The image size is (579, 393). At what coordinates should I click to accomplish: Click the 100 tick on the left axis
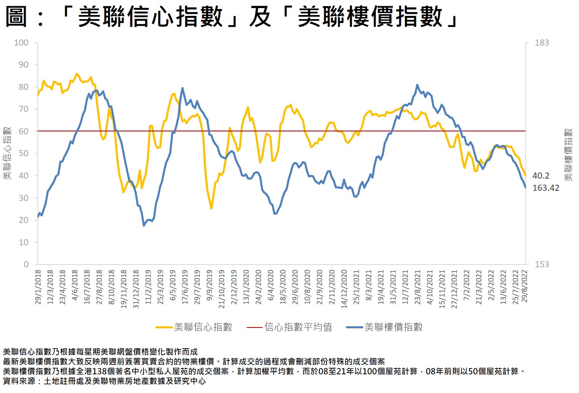21,43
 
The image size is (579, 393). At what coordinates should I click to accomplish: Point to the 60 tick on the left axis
23,131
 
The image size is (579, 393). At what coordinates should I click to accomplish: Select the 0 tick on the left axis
26,264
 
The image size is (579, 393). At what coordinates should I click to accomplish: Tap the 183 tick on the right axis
542,43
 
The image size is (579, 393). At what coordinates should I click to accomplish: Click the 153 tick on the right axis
542,264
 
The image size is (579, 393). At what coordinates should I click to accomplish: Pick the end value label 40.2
541,176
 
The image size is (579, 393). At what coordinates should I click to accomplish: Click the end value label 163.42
546,188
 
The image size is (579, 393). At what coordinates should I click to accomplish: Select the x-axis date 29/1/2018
38,287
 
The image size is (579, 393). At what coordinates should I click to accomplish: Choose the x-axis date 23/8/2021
417,287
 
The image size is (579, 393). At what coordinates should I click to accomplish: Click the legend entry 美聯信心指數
203,327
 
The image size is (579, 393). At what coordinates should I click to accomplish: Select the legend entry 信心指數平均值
298,327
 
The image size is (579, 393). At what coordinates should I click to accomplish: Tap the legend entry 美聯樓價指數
393,327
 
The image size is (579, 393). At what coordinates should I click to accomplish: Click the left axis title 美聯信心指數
7,153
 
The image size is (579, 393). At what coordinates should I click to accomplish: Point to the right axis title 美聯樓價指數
568,155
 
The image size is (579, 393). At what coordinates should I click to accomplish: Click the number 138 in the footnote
99,371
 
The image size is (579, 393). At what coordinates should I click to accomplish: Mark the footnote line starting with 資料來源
104,381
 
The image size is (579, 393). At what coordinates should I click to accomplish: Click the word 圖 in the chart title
16,17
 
